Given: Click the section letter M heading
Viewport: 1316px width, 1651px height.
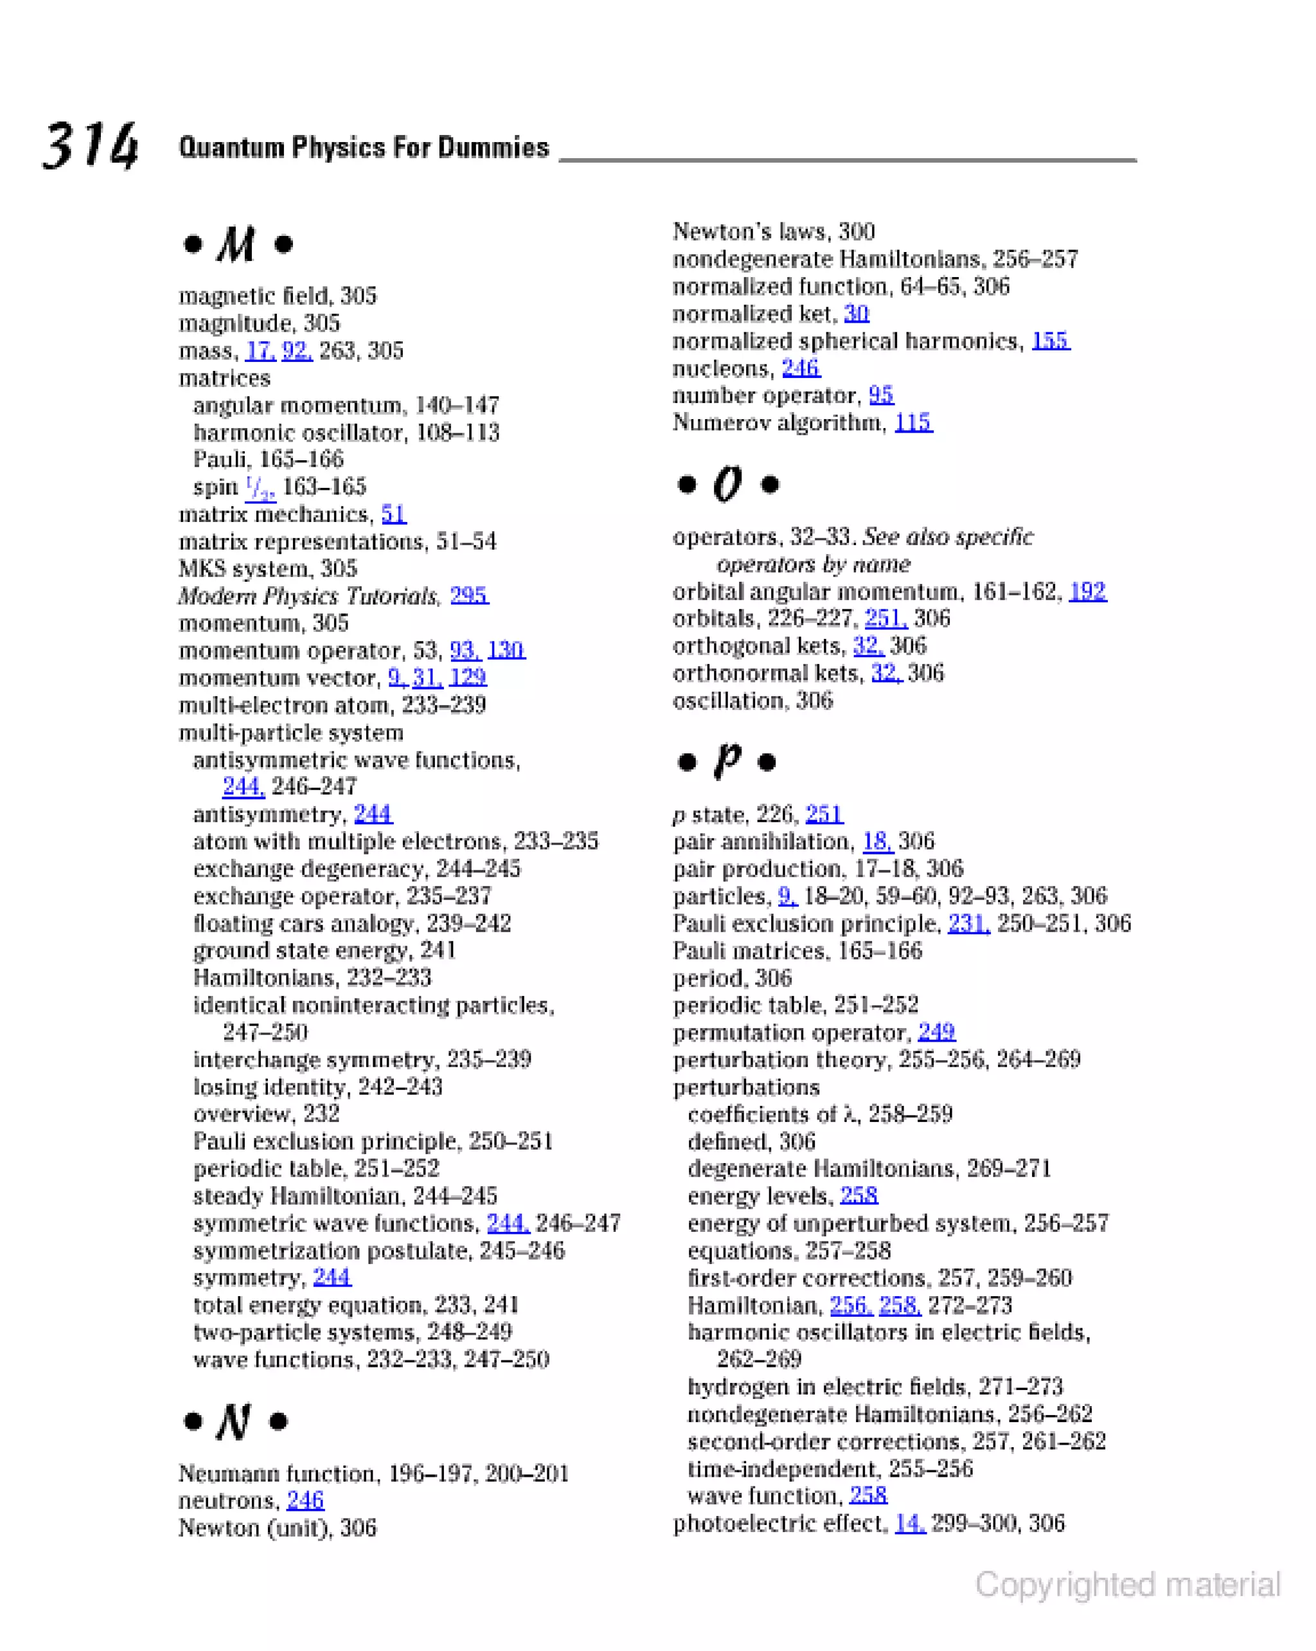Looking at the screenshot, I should [x=236, y=244].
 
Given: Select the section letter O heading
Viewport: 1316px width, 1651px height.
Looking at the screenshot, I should [x=727, y=484].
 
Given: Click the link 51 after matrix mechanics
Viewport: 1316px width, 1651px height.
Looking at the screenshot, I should [x=393, y=514].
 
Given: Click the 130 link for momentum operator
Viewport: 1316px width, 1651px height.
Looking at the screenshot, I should [x=506, y=650].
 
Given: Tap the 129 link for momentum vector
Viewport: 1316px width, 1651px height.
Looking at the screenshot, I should [x=468, y=677].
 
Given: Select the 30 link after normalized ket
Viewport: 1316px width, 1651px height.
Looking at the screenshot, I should [x=856, y=313].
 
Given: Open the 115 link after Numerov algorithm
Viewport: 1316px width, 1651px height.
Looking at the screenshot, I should [x=913, y=422].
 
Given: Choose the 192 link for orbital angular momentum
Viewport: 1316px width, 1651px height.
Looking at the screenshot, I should [x=1087, y=591].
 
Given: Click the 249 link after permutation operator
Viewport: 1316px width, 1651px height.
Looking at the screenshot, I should [x=936, y=1033].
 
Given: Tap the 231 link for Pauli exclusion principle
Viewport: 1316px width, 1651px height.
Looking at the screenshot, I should [x=968, y=923].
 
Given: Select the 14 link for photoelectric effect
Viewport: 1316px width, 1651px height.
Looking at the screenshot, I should [x=909, y=1523].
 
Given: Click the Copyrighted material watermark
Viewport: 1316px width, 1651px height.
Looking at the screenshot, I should [x=1127, y=1584].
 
